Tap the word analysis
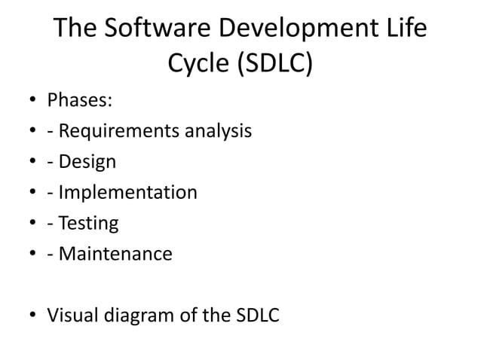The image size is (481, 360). [x=214, y=132]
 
